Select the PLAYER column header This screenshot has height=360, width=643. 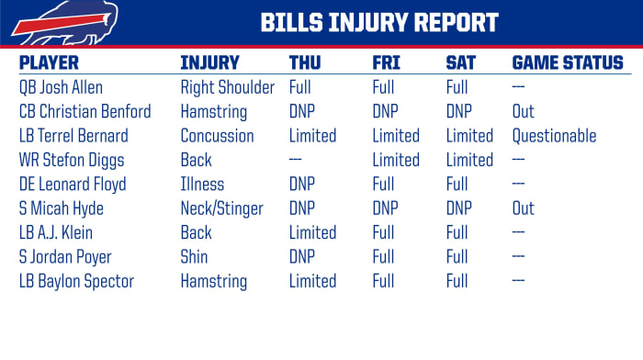point(49,63)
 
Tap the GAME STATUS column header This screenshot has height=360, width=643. point(567,63)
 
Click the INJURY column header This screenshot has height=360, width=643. point(209,63)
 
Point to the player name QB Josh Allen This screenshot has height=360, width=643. point(62,88)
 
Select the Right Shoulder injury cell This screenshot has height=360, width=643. point(227,88)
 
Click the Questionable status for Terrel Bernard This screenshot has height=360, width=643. point(554,136)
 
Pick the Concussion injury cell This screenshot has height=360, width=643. point(217,136)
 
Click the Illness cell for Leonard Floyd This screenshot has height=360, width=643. point(202,185)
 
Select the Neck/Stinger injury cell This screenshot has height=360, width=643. point(223,208)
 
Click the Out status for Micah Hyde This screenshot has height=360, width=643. point(523,208)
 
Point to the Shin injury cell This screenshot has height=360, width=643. point(194,256)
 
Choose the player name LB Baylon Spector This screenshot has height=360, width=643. point(76,281)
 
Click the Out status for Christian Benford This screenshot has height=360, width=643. point(523,112)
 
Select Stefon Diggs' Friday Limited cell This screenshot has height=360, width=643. point(396,160)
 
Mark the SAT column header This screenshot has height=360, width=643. point(461,63)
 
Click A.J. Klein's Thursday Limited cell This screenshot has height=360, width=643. point(312,232)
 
